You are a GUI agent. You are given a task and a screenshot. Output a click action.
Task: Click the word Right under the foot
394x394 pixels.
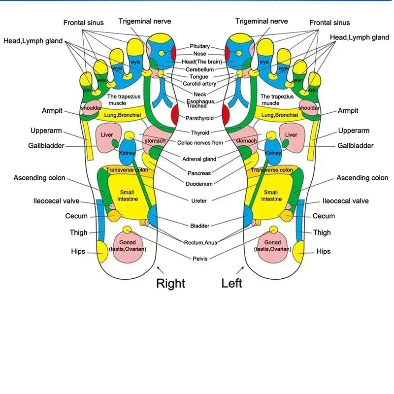coord(170,283)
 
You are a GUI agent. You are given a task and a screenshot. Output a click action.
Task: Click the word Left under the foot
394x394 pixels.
coord(232,283)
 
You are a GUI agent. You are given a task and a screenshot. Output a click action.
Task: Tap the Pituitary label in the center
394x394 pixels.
coord(199,46)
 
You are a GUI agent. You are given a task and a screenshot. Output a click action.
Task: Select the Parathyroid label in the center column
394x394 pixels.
coord(199,118)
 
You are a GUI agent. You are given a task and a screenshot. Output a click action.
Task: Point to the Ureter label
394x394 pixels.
coord(199,200)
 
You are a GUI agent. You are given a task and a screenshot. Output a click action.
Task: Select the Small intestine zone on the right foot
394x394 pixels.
coord(127,196)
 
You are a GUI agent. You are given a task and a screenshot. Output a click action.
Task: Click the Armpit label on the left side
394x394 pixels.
coord(52,111)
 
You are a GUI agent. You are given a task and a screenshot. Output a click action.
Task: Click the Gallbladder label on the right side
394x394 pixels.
coord(355,145)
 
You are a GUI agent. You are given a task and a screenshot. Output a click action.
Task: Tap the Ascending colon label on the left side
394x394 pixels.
coord(39,178)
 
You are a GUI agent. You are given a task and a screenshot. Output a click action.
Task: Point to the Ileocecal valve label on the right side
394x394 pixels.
coord(345,201)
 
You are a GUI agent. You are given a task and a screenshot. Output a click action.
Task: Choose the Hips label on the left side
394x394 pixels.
coord(78,251)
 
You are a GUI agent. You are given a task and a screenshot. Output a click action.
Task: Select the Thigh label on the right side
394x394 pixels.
coord(322,232)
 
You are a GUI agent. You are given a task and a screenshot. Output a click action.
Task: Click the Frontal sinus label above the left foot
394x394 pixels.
coord(329,23)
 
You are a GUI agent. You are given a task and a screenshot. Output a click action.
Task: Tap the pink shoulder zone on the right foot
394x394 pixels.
coord(91,108)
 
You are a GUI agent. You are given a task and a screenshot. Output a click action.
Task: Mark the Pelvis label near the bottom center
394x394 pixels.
coord(200,259)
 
